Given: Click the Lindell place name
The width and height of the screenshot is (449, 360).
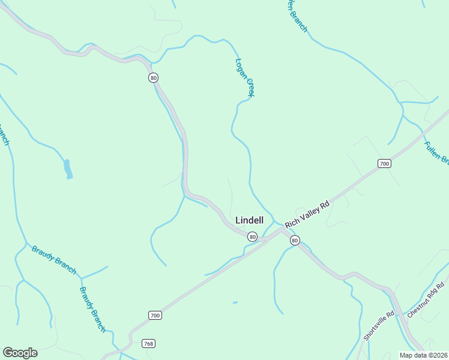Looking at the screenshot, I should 249,220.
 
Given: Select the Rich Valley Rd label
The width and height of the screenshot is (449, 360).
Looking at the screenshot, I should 307,214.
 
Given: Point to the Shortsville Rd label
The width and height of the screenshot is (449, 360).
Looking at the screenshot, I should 379,324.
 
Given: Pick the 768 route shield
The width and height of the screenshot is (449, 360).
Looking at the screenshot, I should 148,344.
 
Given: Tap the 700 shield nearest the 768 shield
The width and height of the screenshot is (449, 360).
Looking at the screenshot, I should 155,315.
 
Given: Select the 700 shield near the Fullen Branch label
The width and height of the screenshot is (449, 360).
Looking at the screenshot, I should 384,163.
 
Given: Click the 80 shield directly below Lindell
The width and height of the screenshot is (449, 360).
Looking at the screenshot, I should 253,237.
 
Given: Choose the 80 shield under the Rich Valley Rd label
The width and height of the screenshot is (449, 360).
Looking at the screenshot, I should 294,241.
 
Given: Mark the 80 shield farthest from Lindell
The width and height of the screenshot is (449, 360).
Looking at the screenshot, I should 154,78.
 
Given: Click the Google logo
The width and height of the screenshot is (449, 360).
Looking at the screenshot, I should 20,353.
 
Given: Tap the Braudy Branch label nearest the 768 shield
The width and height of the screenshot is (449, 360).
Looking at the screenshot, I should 93,309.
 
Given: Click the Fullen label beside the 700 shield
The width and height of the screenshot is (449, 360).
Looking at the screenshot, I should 436,152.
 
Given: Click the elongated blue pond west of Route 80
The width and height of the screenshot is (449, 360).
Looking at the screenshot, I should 68,169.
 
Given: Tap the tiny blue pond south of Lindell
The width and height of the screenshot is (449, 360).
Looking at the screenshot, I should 234,302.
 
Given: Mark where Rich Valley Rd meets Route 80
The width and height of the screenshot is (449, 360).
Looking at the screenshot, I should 282,230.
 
